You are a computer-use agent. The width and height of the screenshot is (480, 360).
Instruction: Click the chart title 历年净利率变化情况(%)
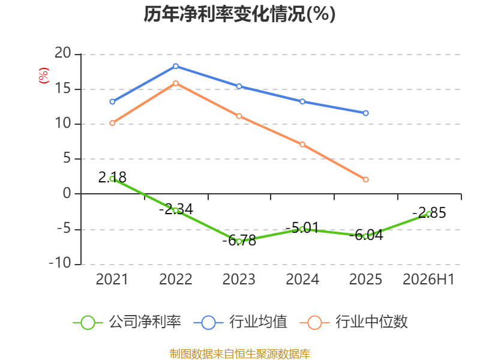[x=239, y=14]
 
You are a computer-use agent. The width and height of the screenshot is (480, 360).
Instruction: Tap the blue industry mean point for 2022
[x=176, y=66]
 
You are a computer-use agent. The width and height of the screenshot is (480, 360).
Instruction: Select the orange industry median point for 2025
[x=365, y=179]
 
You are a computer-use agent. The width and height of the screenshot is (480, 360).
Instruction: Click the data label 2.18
[x=112, y=177]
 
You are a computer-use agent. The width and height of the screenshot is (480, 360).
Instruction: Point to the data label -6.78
[x=239, y=241]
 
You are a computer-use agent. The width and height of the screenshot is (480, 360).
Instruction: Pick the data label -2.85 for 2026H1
[x=429, y=213]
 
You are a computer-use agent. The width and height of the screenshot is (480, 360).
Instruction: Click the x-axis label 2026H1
[x=428, y=279]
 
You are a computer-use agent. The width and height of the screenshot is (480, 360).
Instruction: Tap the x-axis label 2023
[x=239, y=279]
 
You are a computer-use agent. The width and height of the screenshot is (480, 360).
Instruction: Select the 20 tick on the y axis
[x=63, y=53]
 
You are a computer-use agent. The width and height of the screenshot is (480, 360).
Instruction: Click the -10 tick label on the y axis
[x=61, y=263]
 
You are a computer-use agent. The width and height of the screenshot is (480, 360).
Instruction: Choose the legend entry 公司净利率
[x=127, y=322]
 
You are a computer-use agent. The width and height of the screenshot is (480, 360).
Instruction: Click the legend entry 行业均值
[x=241, y=322]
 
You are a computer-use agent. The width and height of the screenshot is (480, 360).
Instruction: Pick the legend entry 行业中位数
[x=354, y=322]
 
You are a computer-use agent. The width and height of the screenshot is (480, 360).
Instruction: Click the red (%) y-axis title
[x=43, y=76]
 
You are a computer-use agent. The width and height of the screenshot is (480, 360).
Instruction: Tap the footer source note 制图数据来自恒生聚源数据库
[x=240, y=354]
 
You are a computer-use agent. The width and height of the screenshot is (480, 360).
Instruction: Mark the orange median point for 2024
[x=302, y=144]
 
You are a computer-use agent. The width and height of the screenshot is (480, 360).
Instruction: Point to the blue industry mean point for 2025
[x=365, y=113]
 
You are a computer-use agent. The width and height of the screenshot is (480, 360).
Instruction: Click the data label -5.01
[x=302, y=228]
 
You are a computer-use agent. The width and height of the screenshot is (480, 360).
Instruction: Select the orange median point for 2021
[x=112, y=123]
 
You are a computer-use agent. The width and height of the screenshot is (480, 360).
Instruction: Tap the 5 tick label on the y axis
[x=67, y=158]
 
